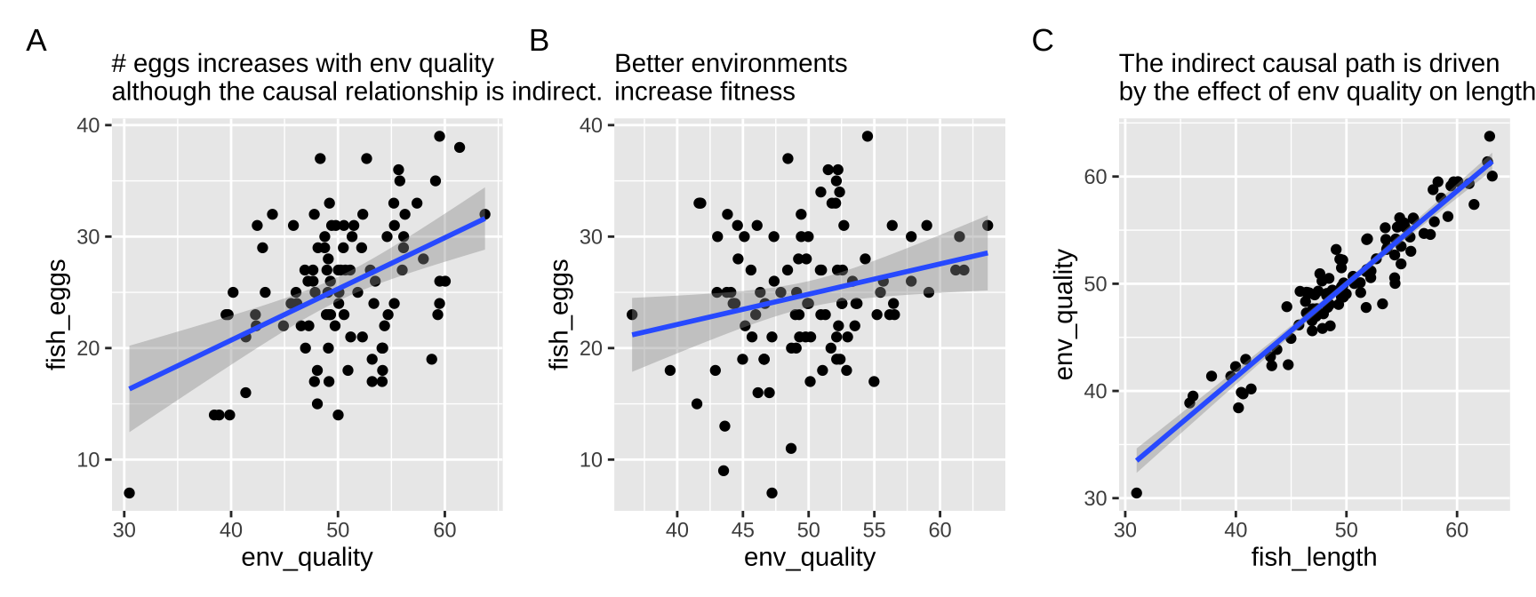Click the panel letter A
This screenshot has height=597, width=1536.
[36, 41]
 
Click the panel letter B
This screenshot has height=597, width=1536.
[539, 41]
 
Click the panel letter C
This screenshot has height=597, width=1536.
[1043, 41]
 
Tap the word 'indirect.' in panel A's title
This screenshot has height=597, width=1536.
[556, 92]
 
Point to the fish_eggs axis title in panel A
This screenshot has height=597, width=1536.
[56, 314]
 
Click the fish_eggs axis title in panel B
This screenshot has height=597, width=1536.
[559, 314]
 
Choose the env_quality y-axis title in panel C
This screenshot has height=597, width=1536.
[1064, 314]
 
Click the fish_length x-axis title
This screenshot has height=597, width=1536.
[1314, 557]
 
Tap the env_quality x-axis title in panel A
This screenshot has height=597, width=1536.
[307, 557]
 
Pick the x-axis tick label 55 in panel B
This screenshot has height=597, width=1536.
[874, 530]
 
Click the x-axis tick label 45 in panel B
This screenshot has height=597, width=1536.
[742, 530]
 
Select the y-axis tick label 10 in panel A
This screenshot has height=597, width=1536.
[88, 460]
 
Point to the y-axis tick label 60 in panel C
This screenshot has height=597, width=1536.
[1095, 177]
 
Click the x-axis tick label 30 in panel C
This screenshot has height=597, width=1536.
[1125, 530]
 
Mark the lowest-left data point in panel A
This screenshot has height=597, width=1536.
[129, 493]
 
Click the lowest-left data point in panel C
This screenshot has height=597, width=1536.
[1136, 493]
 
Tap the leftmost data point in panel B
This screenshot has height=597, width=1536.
[632, 314]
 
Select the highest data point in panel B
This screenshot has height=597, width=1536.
[868, 136]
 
